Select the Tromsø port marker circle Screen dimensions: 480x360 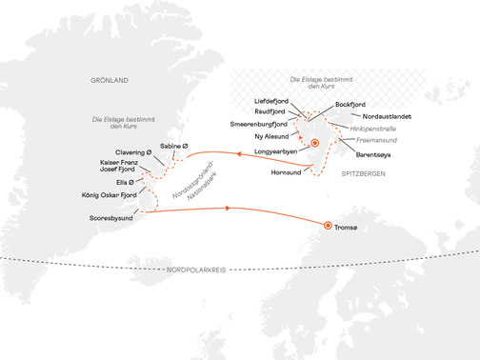tap(328, 226)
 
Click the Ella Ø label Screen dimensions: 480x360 tap(129, 180)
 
